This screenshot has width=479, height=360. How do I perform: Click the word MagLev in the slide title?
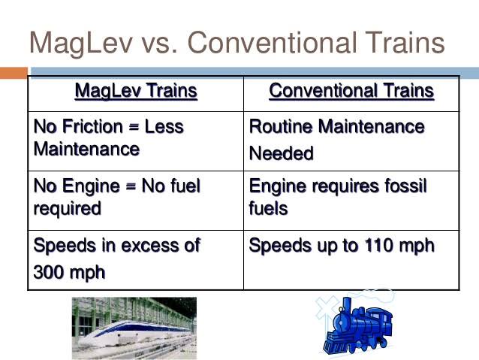point(81,44)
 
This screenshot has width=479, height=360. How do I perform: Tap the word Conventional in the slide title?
point(273,42)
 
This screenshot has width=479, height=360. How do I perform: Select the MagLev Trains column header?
point(136,91)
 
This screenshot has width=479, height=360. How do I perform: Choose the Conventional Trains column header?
point(351,91)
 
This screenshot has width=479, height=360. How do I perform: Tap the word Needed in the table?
point(282,153)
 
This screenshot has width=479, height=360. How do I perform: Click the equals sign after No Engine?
point(131,186)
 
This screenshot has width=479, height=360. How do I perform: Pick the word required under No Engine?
point(68,209)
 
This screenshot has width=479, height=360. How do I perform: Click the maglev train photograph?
point(134,328)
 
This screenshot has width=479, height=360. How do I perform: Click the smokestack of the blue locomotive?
point(348,307)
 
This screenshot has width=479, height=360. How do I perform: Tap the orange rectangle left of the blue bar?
point(14,73)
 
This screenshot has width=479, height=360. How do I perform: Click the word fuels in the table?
point(268,209)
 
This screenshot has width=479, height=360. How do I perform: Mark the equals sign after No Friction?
point(134,127)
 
